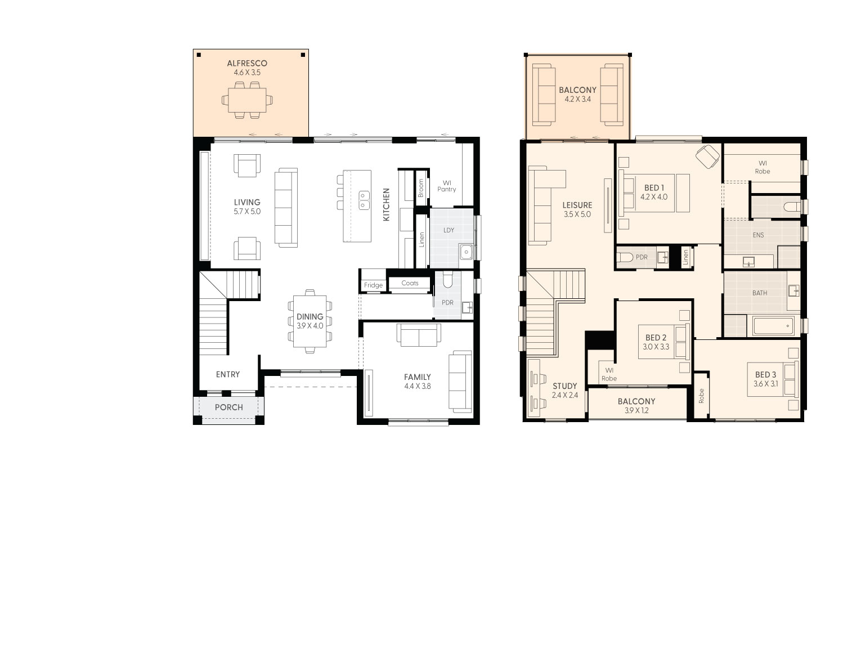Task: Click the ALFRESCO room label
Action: pyautogui.click(x=247, y=63)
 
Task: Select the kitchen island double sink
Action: pyautogui.click(x=364, y=200)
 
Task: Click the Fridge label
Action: pyautogui.click(x=373, y=285)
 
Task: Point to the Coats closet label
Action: pyautogui.click(x=410, y=283)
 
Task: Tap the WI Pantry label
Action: pyautogui.click(x=447, y=186)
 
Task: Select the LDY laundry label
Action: pyautogui.click(x=449, y=230)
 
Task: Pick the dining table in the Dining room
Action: pyautogui.click(x=310, y=321)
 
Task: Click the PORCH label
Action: pyautogui.click(x=229, y=407)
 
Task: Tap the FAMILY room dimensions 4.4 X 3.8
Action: pyautogui.click(x=418, y=386)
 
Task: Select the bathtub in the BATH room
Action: pyautogui.click(x=773, y=326)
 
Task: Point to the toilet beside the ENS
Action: pyautogui.click(x=792, y=207)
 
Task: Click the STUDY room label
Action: pyautogui.click(x=564, y=386)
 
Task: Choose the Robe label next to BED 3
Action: pyautogui.click(x=701, y=397)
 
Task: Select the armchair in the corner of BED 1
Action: pyautogui.click(x=707, y=155)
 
